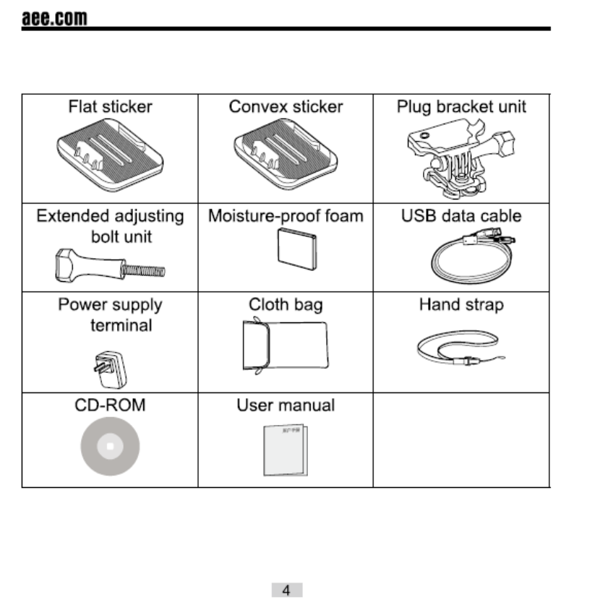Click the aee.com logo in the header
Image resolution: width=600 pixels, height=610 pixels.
click(x=54, y=17)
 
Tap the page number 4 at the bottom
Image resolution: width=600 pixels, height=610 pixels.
click(x=286, y=590)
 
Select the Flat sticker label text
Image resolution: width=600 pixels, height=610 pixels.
click(x=110, y=107)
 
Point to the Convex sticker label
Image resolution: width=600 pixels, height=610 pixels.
click(x=286, y=107)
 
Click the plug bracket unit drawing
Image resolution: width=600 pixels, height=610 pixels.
click(x=461, y=159)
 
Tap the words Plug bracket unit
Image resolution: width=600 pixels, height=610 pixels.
click(x=461, y=107)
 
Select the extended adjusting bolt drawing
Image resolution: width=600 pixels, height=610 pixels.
click(x=108, y=265)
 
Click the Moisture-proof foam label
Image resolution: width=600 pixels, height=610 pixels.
click(x=286, y=215)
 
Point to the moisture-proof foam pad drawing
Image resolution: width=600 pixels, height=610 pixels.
click(x=297, y=249)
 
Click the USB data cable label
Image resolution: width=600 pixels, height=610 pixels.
click(x=461, y=215)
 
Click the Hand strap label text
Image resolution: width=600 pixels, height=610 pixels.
click(x=461, y=304)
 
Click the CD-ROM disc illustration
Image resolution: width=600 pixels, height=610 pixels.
click(x=110, y=447)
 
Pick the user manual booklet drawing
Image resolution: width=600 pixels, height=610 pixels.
click(x=285, y=449)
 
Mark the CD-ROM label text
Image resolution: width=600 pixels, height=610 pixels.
click(x=110, y=405)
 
